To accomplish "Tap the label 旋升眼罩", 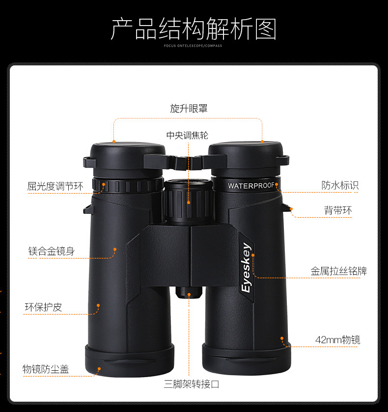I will pyautogui.click(x=189, y=109).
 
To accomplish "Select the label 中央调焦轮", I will pyautogui.click(x=188, y=135).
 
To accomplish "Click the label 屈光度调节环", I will pyautogui.click(x=55, y=186).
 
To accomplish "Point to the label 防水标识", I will pyautogui.click(x=340, y=185).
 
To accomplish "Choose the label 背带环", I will pyautogui.click(x=338, y=210).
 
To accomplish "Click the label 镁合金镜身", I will pyautogui.click(x=52, y=251).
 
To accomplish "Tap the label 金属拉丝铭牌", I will pyautogui.click(x=338, y=271).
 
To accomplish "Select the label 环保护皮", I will pyautogui.click(x=44, y=307).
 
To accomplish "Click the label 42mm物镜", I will pyautogui.click(x=337, y=340).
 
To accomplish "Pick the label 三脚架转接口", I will pyautogui.click(x=192, y=384).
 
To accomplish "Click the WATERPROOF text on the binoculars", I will pyautogui.click(x=250, y=186).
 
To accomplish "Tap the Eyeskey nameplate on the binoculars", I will pyautogui.click(x=246, y=268).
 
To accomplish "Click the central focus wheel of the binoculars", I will pyautogui.click(x=188, y=202).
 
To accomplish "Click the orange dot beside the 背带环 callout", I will pyautogui.click(x=291, y=209).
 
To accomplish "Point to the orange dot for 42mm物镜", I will pyautogui.click(x=282, y=338).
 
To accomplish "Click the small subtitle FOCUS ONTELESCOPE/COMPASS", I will pyautogui.click(x=194, y=46).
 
